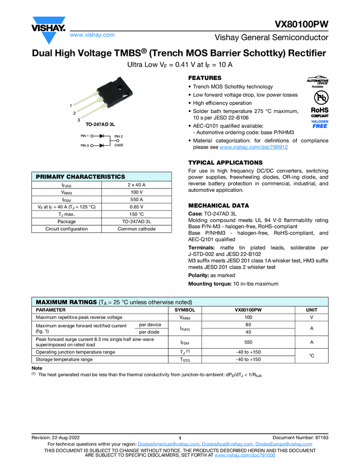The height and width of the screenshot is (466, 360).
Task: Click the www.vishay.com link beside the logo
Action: [92, 35]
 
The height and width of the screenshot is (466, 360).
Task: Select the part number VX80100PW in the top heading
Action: [301, 26]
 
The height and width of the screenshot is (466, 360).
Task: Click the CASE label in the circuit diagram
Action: [118, 145]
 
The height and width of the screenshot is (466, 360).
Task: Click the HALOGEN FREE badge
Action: [319, 123]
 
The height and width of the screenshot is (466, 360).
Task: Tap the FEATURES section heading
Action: [204, 78]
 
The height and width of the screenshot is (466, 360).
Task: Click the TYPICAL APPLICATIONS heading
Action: [225, 163]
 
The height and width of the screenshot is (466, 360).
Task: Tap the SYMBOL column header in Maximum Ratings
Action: [185, 310]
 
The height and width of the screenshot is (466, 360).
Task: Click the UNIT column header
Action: [311, 310]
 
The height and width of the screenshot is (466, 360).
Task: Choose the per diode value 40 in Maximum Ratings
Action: [248, 332]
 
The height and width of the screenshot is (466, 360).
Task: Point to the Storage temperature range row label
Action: [64, 360]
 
